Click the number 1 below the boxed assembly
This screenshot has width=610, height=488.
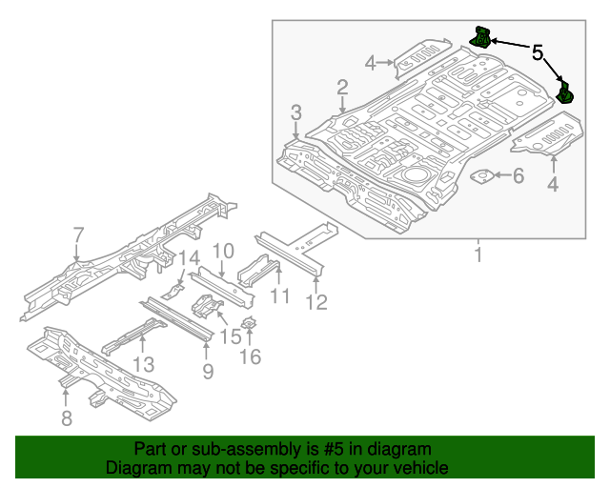478,255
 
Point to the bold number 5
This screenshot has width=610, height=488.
538,53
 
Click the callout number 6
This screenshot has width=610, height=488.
518,175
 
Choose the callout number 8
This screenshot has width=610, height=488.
66,417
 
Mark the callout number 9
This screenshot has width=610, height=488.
208,370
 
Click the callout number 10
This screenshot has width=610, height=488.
222,252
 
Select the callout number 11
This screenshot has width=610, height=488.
278,296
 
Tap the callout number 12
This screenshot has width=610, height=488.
316,302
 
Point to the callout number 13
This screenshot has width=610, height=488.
143,364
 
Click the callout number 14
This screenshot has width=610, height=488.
190,257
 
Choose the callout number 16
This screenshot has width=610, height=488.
250,356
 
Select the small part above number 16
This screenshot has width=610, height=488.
248,324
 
